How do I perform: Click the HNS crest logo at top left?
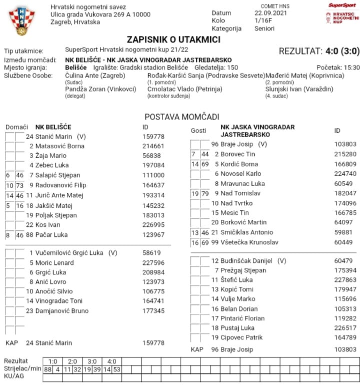point(21,21)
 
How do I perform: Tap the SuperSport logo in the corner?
point(342,5)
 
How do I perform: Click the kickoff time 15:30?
point(351,68)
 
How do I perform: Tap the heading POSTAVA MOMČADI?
point(182,117)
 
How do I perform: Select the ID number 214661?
point(153,146)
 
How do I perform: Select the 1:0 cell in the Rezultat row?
point(53,361)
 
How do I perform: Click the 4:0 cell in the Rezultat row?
point(111,361)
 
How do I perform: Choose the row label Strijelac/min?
point(21,369)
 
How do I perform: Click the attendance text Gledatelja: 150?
point(216,68)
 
